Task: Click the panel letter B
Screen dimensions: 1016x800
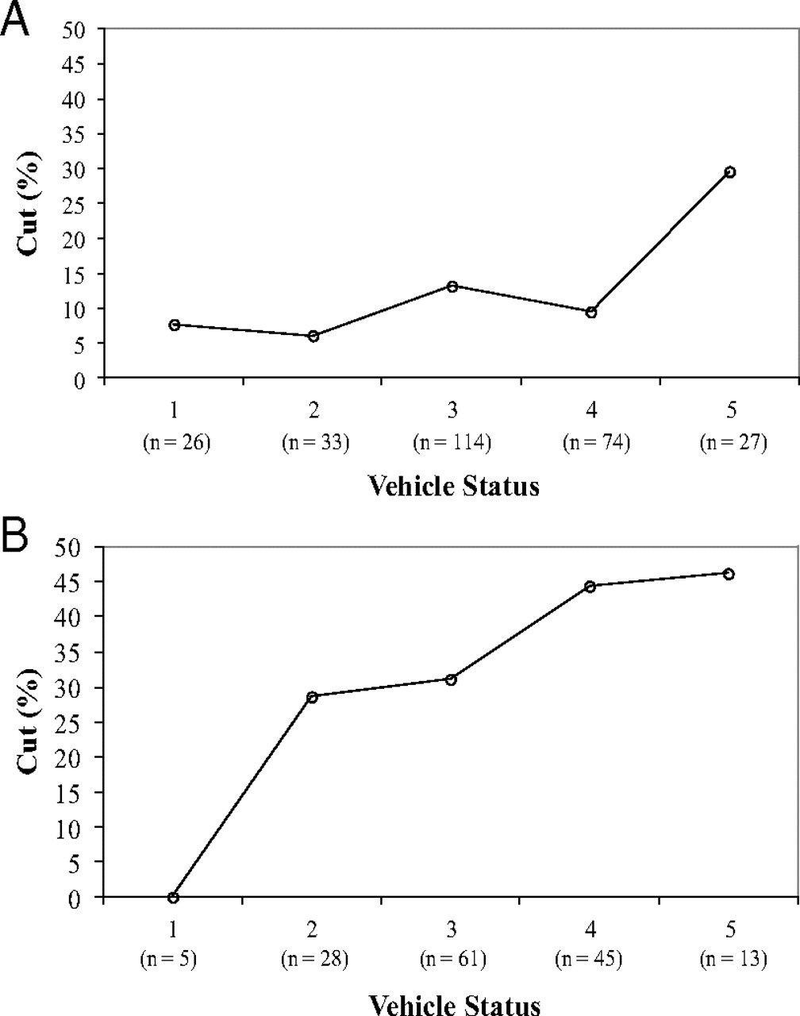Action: pos(16,537)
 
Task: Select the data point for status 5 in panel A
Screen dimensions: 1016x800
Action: pos(729,171)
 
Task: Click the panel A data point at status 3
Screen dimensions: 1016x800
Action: pos(452,286)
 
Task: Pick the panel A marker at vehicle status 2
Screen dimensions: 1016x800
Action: pos(313,336)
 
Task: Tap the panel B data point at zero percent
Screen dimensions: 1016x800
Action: pos(174,897)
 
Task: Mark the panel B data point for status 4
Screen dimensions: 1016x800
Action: pos(590,587)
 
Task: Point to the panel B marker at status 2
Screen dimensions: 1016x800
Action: pos(313,697)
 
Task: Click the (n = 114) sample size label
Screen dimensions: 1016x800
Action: pos(452,442)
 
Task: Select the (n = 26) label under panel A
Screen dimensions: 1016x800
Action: pos(175,442)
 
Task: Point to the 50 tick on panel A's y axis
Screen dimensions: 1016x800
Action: pos(80,29)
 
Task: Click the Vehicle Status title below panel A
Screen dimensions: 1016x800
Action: pos(453,485)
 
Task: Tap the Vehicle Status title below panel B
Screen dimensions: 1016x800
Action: pos(455,1003)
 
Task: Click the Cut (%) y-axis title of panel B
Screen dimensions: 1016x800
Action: pos(29,722)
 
